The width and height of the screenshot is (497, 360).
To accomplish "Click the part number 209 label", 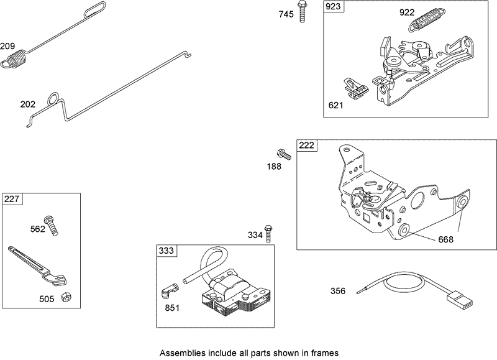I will pos(8,47).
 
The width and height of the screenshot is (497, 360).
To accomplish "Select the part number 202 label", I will pos(28,104).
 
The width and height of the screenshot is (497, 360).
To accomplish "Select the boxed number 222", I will pos(307,145).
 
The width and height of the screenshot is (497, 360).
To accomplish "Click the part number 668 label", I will pos(446,239).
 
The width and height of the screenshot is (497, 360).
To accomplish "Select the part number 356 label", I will pos(338,290).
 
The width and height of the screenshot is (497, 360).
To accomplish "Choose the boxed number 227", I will pos(12,199).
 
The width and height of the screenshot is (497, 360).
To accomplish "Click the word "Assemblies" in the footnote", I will pos(183,353).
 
